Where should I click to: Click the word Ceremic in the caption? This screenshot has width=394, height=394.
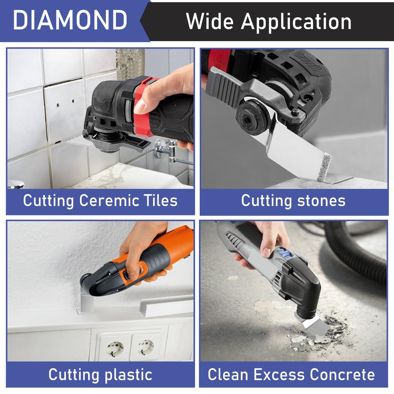[112, 200]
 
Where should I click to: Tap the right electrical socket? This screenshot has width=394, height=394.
[145, 346]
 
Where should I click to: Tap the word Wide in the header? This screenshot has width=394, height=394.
[208, 22]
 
